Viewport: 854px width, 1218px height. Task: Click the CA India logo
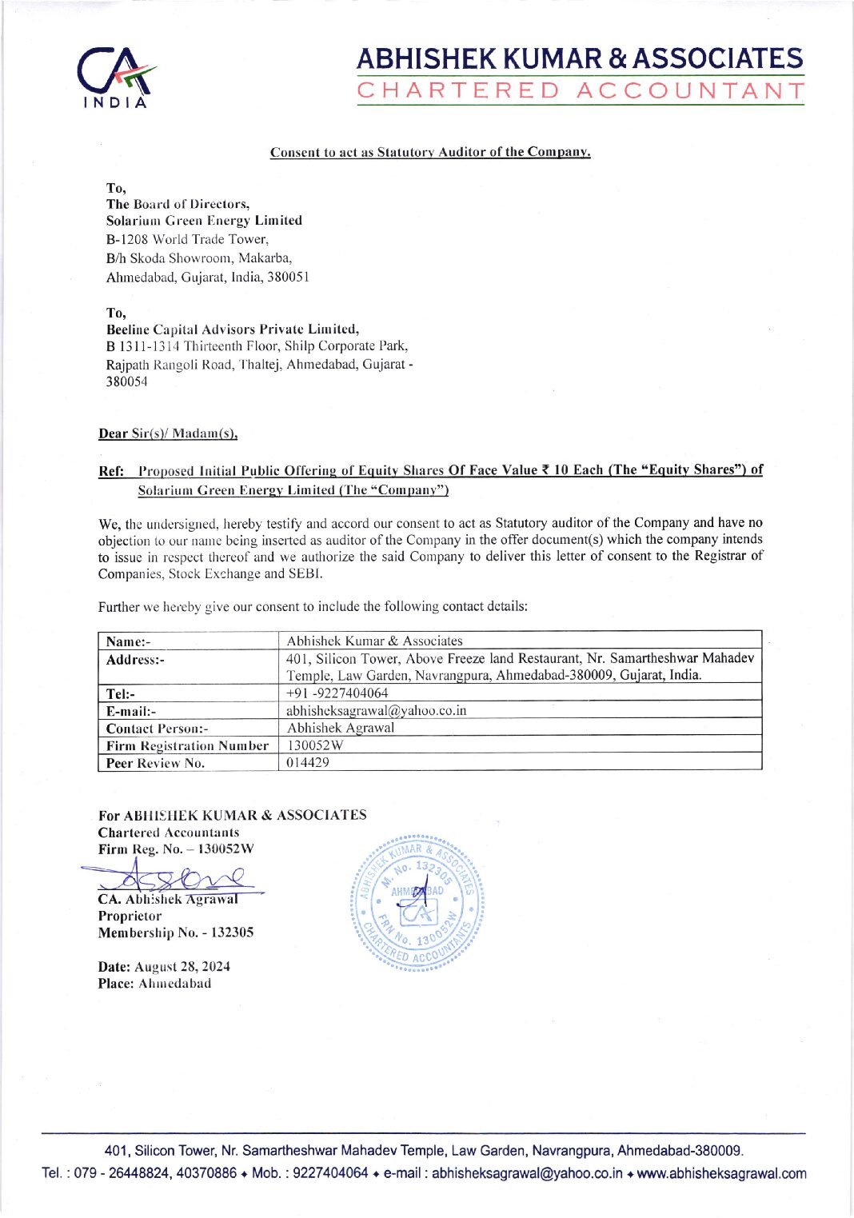click(x=117, y=78)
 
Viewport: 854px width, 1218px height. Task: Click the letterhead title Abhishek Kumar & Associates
click(x=580, y=58)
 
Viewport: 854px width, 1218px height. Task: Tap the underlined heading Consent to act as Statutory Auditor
click(x=430, y=152)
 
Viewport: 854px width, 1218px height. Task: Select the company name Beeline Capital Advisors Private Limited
click(x=233, y=329)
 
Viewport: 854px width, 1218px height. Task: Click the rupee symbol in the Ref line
click(x=545, y=469)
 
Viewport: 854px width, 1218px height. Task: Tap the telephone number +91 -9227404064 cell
click(x=337, y=693)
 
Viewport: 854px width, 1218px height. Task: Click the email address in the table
click(x=376, y=710)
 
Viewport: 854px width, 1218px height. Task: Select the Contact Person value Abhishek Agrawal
click(x=341, y=728)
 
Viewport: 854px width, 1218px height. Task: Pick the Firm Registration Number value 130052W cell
click(x=315, y=745)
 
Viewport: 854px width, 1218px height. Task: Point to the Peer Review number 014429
click(x=308, y=763)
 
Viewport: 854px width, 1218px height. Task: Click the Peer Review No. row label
click(x=155, y=763)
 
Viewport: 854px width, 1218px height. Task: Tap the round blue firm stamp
click(x=417, y=904)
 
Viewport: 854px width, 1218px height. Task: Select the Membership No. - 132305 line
click(x=176, y=932)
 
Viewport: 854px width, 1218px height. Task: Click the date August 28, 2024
click(x=182, y=966)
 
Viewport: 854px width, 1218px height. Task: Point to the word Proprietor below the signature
click(x=130, y=916)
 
